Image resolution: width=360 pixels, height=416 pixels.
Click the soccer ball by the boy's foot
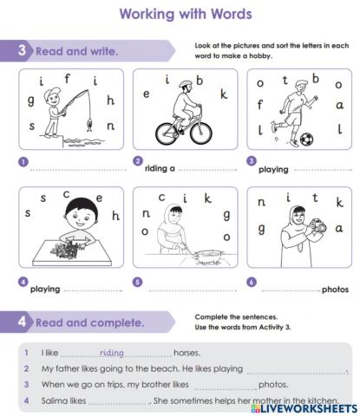tap(306, 140)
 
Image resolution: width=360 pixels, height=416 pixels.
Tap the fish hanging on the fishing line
tap(90, 125)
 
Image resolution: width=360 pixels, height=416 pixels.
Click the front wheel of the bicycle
tap(201, 133)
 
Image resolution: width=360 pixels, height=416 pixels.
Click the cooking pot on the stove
tap(209, 257)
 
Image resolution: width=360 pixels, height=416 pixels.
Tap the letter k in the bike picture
tap(224, 94)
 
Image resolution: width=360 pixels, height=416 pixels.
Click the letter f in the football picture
tap(260, 105)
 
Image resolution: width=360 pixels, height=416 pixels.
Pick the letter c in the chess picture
tap(66, 195)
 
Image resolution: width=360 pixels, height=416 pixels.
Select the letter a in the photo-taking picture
tap(339, 228)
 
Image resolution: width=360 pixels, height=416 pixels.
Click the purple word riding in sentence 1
tap(112, 353)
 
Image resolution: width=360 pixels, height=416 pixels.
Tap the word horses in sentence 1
tap(187, 353)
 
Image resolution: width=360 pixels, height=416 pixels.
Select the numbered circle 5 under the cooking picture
tap(137, 282)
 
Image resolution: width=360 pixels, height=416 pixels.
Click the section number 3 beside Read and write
tap(22, 50)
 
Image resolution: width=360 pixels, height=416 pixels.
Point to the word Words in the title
tap(232, 14)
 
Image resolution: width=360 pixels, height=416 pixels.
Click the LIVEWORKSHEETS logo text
tap(304, 408)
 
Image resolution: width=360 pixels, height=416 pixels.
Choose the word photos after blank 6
tap(335, 289)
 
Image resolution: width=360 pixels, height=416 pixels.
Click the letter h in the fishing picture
tap(110, 100)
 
